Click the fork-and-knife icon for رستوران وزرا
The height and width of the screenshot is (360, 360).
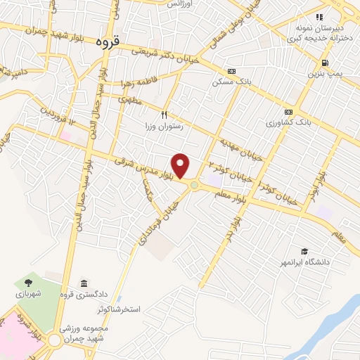click(x=164, y=114)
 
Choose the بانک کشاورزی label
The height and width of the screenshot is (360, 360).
click(x=289, y=122)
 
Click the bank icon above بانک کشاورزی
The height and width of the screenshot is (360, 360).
click(x=288, y=112)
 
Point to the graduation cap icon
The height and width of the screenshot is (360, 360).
click(x=304, y=251)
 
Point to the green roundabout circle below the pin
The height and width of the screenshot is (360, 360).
click(x=193, y=185)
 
